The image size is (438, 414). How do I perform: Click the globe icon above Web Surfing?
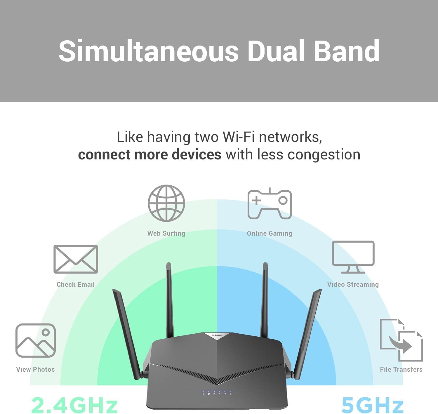166,203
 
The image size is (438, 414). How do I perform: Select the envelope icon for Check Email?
76,259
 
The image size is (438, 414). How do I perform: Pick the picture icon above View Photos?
36,340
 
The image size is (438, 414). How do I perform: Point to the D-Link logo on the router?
217,335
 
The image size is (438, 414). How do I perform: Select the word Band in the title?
346,51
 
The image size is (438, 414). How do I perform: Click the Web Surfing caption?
166,233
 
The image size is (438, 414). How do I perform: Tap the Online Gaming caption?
270,233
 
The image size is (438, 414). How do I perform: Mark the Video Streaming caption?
353,284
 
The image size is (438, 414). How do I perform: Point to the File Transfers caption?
401,369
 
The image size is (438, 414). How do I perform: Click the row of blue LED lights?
217,393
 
